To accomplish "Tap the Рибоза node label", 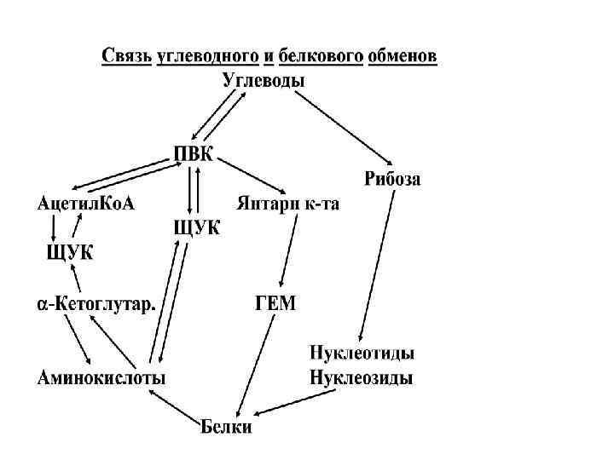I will point(392,179).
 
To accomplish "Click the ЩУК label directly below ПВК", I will point(195,228).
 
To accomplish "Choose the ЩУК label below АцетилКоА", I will point(69,253).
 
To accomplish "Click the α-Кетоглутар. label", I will point(94,304).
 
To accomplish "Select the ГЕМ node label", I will point(275,304).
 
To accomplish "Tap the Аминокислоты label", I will point(101,377).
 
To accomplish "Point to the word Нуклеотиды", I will point(362,354).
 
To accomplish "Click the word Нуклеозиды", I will point(362,377).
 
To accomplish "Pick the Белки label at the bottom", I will point(226,426).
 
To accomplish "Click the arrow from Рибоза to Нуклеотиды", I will point(378,264).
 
